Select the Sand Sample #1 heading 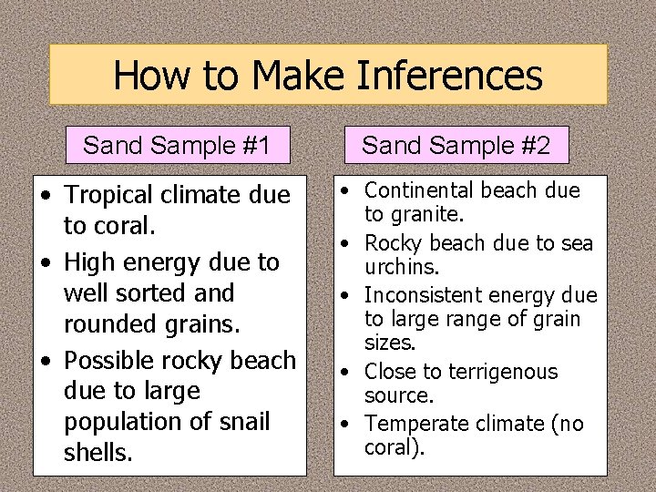pos(177,145)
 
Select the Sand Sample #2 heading pos(456,145)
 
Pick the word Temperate pos(414,424)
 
